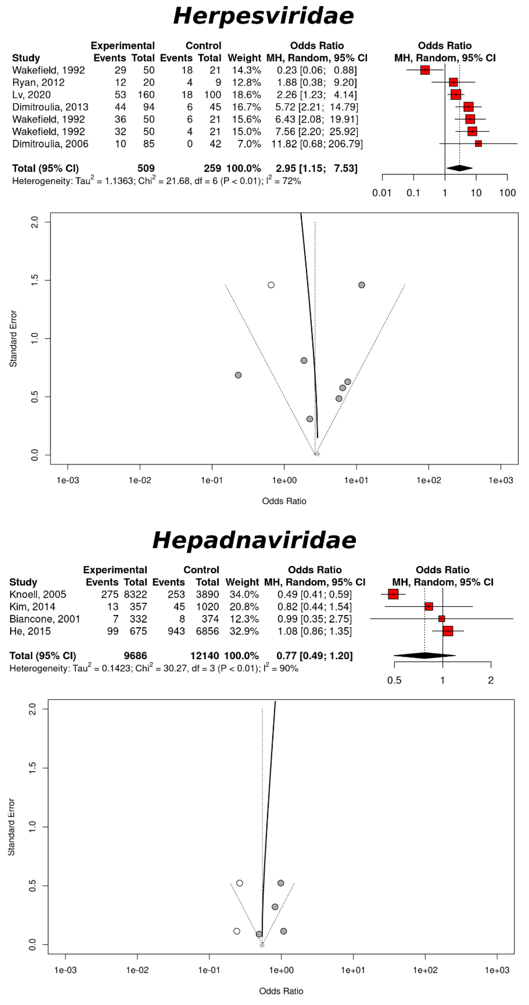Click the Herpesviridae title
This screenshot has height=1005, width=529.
[264, 16]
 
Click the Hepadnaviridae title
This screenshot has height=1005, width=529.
[254, 541]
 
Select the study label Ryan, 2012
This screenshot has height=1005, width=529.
[38, 82]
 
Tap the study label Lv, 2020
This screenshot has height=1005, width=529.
[31, 95]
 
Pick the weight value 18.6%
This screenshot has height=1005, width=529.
[244, 95]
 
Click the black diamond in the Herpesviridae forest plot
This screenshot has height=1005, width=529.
[459, 168]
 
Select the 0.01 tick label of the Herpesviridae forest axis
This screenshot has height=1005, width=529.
[382, 193]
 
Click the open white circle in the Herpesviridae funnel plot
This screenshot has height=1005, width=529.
[271, 285]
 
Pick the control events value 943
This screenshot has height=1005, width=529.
[176, 631]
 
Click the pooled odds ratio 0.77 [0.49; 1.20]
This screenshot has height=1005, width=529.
[315, 655]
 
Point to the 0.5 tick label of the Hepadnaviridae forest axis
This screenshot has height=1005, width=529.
[394, 680]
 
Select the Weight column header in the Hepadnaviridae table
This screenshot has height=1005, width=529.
[242, 582]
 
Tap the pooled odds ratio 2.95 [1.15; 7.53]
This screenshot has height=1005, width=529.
[316, 168]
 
